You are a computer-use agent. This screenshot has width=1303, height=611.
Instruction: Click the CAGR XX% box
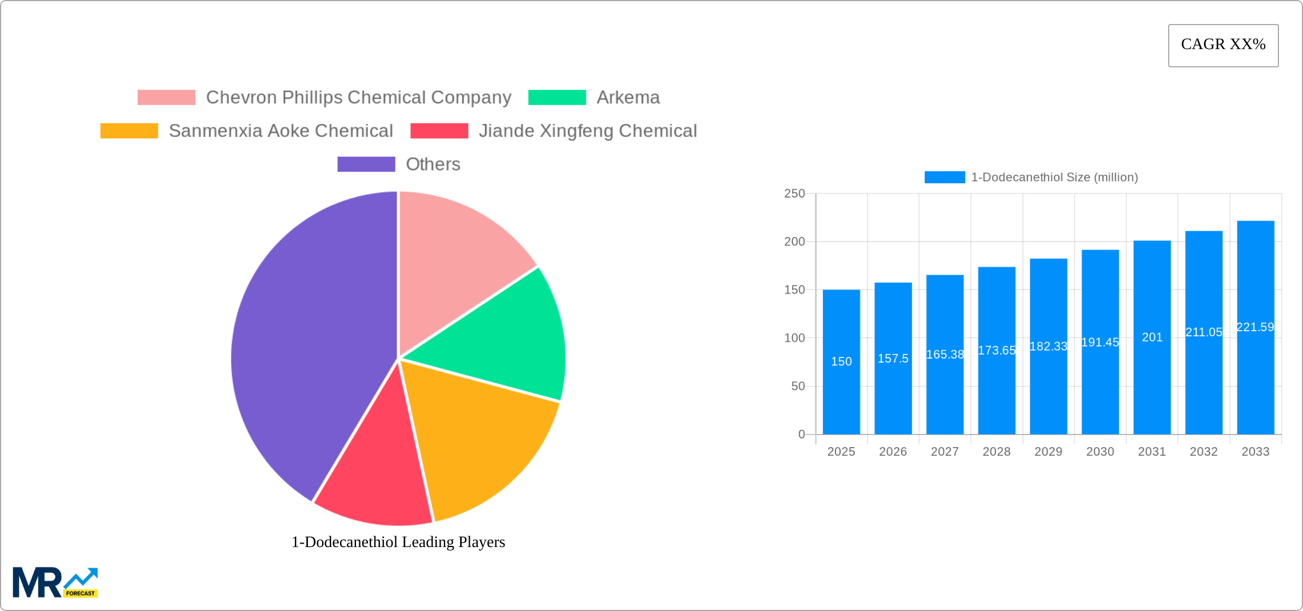pyautogui.click(x=1223, y=45)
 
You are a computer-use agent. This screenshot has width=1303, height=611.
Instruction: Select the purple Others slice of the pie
pyautogui.click(x=309, y=343)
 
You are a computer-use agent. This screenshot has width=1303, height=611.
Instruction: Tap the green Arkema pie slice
pyautogui.click(x=503, y=337)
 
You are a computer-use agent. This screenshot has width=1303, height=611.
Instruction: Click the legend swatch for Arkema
pyautogui.click(x=557, y=98)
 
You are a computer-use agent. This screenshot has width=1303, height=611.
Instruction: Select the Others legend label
pyautogui.click(x=433, y=164)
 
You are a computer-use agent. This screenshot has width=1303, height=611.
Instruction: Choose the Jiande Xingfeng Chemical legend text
pyautogui.click(x=587, y=131)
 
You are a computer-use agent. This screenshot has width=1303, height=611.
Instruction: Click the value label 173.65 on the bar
pyautogui.click(x=997, y=350)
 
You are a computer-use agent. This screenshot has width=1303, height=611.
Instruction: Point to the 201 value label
pyautogui.click(x=1152, y=337)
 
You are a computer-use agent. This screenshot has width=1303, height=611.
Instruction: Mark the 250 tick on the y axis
pyautogui.click(x=794, y=194)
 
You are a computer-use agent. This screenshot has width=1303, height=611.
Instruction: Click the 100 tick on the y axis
pyautogui.click(x=794, y=338)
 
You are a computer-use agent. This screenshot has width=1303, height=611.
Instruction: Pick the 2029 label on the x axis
pyautogui.click(x=1048, y=452)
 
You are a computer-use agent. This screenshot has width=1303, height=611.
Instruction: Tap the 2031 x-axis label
pyautogui.click(x=1152, y=452)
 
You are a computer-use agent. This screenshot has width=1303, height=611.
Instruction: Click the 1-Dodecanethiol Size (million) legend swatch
pyautogui.click(x=944, y=178)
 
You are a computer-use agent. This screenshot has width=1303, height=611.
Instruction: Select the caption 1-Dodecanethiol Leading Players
pyautogui.click(x=398, y=542)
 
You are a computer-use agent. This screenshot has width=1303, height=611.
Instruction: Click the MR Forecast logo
pyautogui.click(x=55, y=582)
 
